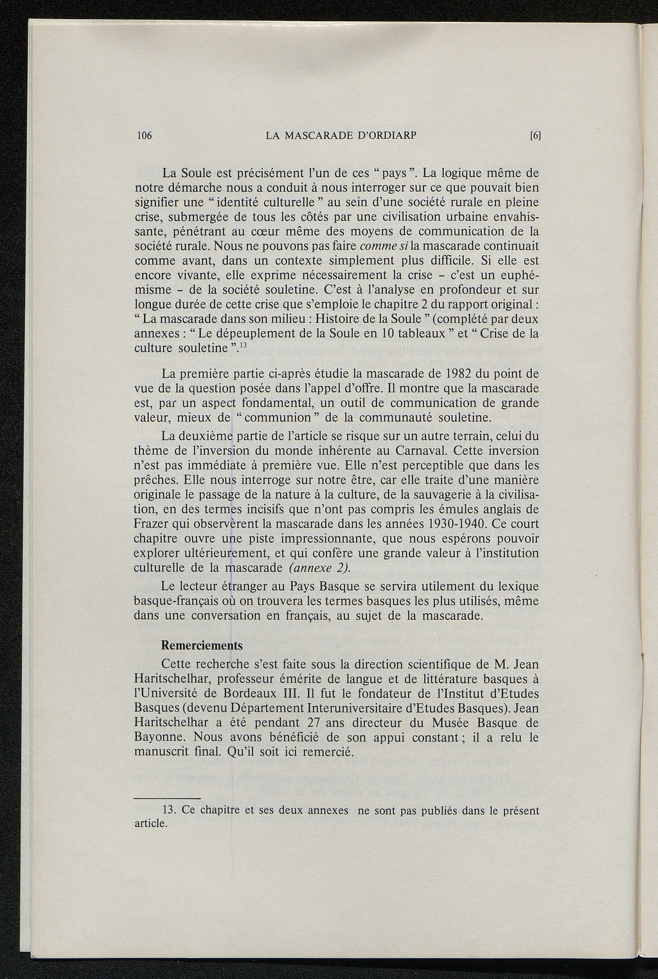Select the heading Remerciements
click(x=201, y=645)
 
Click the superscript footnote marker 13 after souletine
click(x=245, y=345)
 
